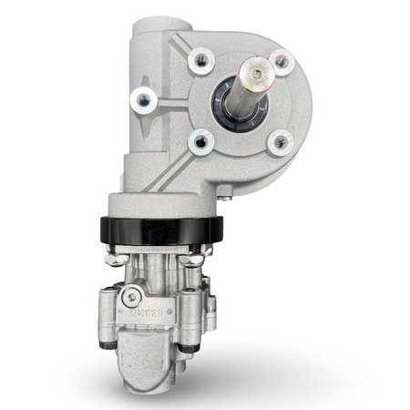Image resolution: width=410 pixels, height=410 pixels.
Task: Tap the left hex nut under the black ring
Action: pyautogui.click(x=115, y=259)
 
